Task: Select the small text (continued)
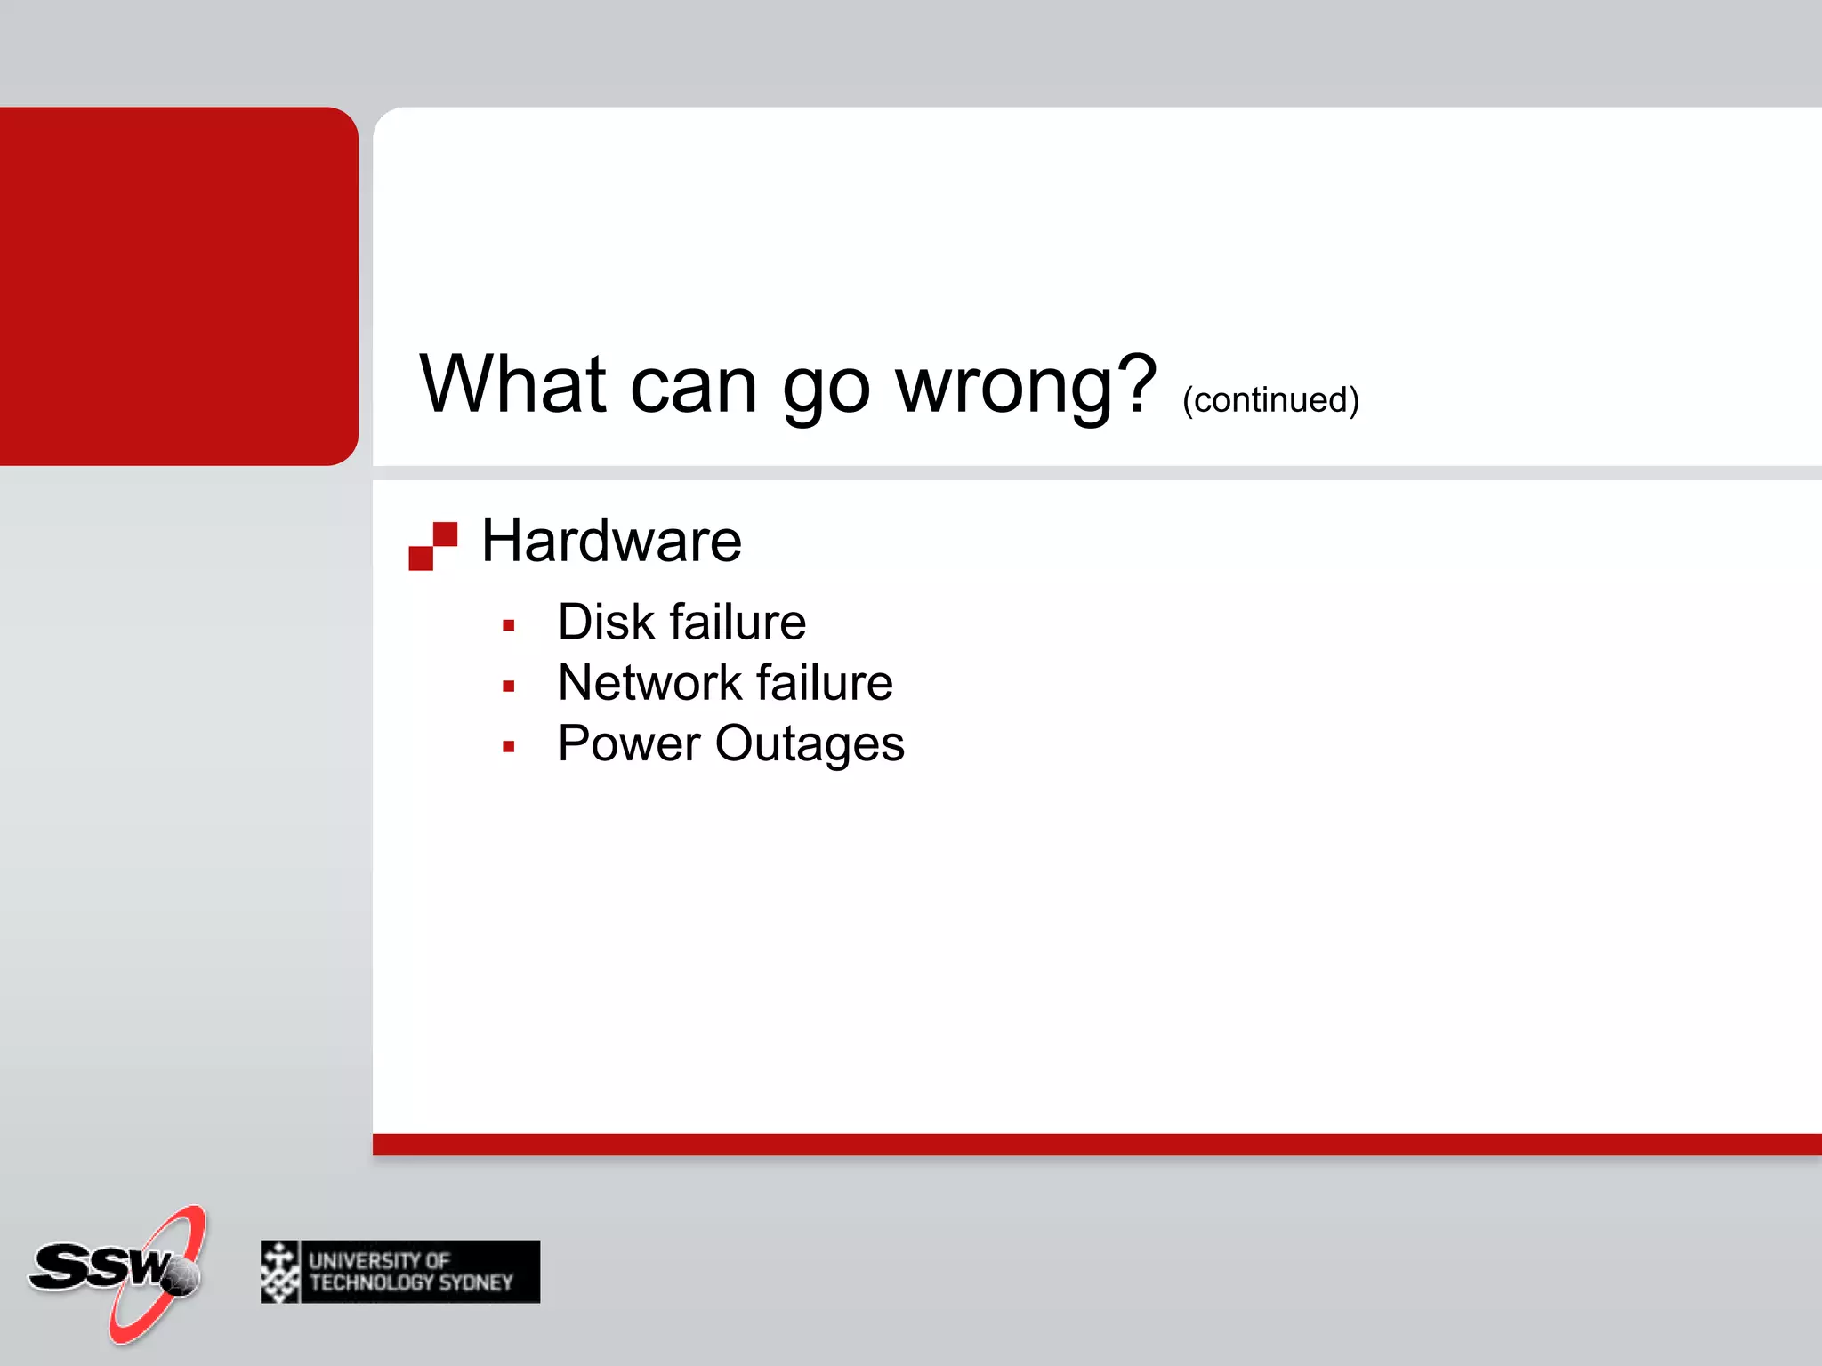coord(1270,399)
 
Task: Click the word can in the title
coord(693,386)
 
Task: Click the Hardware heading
coord(611,541)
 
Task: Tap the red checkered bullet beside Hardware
coord(432,546)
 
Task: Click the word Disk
coord(606,622)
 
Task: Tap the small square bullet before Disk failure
coord(509,626)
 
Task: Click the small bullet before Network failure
coord(509,687)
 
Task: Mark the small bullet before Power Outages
coord(509,747)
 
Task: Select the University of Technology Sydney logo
coord(399,1272)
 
